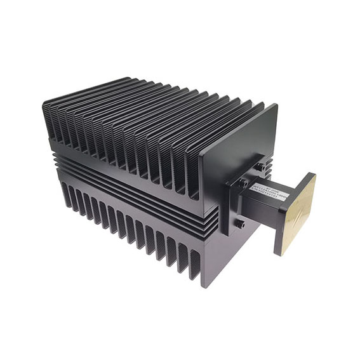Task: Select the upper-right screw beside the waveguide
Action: (x=261, y=167)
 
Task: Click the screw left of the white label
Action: (x=243, y=183)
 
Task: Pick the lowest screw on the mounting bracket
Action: (x=240, y=224)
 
